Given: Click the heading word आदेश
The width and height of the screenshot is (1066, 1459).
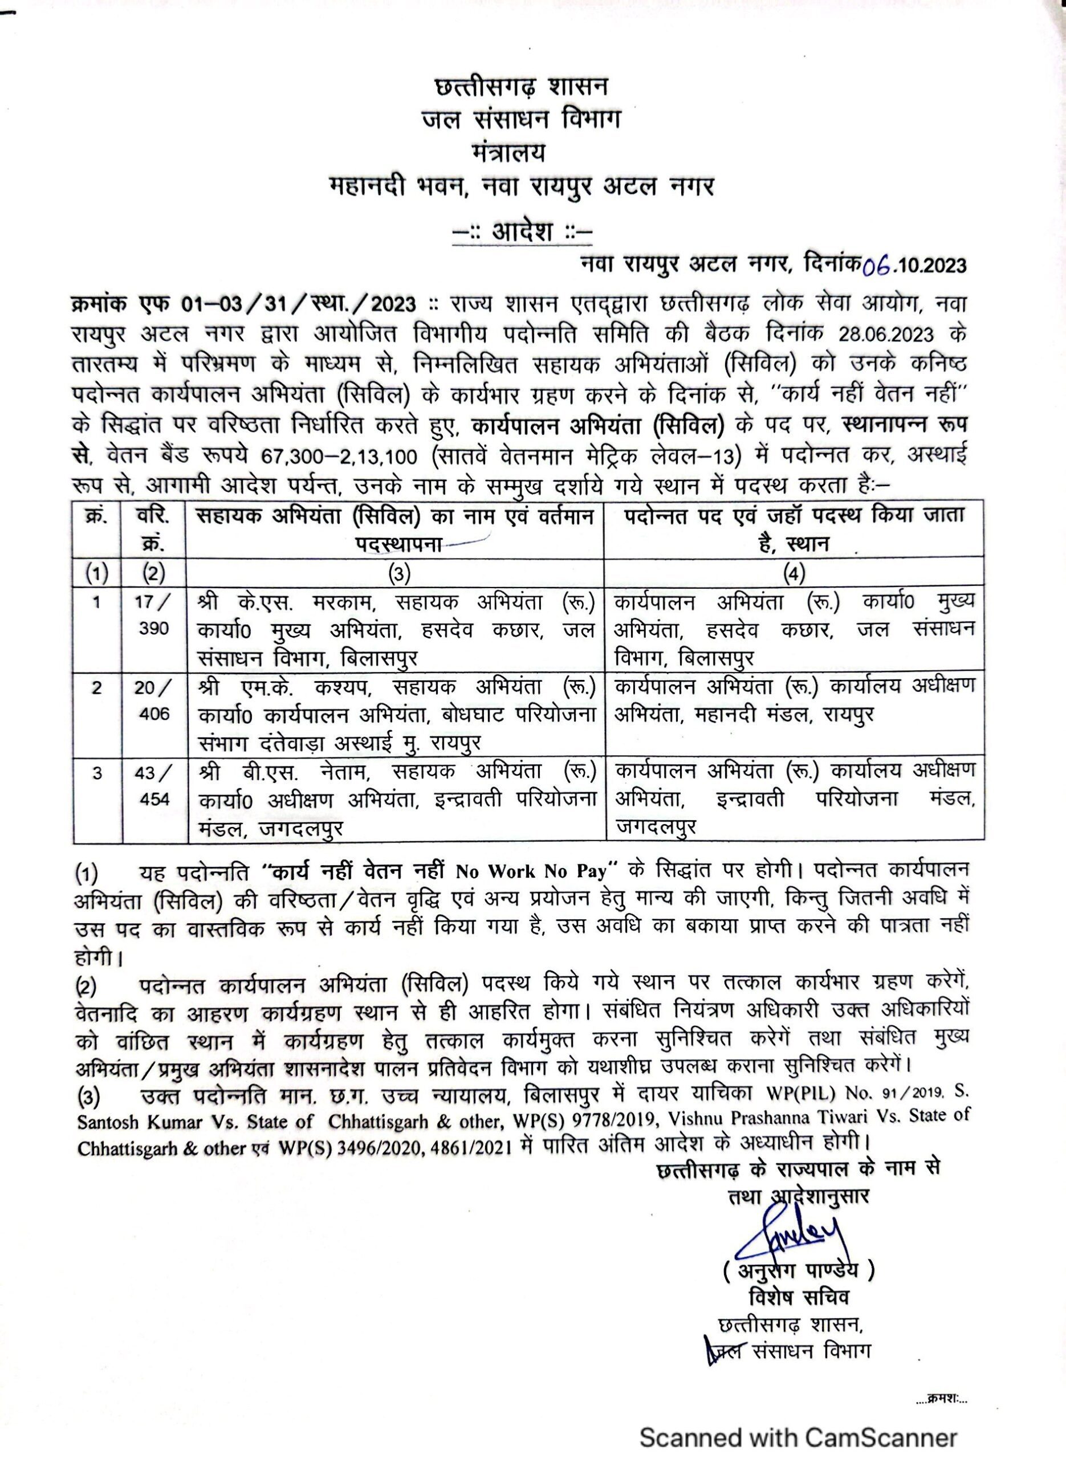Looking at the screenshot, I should pos(522,231).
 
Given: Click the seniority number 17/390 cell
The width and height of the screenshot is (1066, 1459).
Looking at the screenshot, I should pos(153,616).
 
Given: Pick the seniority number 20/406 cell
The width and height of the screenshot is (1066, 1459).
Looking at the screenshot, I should pos(153,700).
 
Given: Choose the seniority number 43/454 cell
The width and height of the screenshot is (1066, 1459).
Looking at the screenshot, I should pos(153,785).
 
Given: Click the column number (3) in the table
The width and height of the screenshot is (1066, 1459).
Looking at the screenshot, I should pos(394,573).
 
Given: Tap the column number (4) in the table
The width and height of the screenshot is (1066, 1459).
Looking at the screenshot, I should pos(793,573).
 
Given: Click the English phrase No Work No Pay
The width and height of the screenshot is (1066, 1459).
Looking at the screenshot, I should pos(532,872).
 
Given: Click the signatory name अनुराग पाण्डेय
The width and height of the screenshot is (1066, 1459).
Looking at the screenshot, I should pos(798,1270).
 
